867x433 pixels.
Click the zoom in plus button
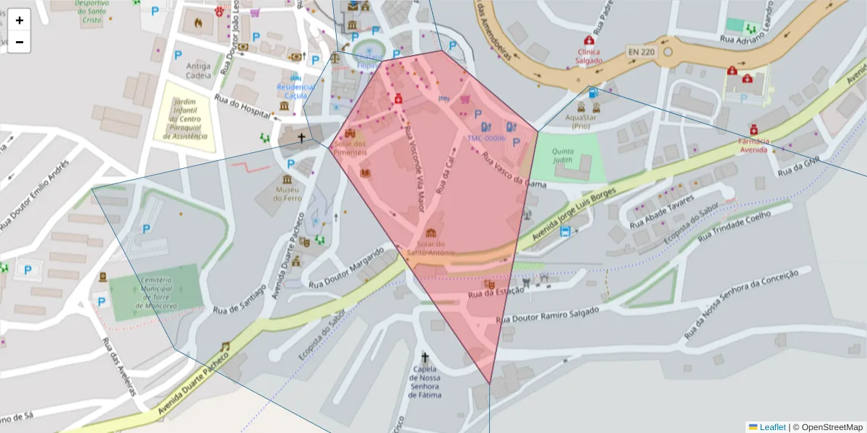click(x=20, y=20)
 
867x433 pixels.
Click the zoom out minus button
click(x=20, y=42)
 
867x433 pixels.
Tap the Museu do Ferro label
click(x=287, y=193)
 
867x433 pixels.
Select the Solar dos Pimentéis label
click(x=350, y=148)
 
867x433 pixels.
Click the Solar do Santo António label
click(x=431, y=249)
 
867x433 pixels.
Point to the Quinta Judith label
click(x=562, y=156)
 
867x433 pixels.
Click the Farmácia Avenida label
click(x=754, y=144)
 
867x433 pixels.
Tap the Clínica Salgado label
click(x=589, y=56)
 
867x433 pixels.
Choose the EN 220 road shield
click(x=640, y=52)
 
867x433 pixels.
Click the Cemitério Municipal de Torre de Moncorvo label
click(x=155, y=292)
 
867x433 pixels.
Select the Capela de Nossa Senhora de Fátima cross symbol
click(x=425, y=357)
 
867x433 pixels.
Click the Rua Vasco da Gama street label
click(x=513, y=170)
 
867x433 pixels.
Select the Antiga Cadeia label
click(x=198, y=70)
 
